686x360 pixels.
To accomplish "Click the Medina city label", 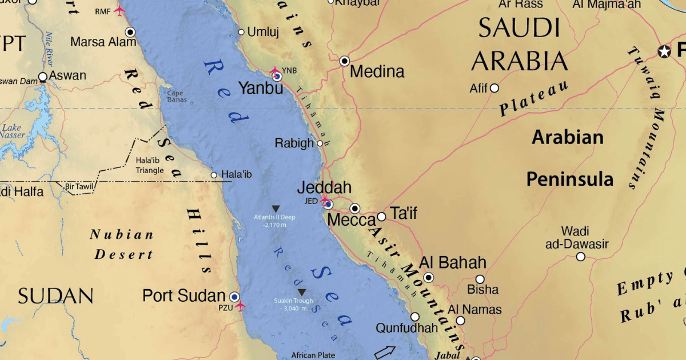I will coord(377,71).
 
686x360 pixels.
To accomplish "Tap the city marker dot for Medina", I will coord(345,61).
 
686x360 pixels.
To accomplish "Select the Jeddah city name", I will coord(324,187).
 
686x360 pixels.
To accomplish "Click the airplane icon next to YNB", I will coord(275,72).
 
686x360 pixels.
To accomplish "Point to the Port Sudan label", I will coord(184,295).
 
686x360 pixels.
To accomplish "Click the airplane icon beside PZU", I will coord(240,306).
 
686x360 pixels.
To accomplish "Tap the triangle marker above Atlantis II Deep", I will coord(276,209).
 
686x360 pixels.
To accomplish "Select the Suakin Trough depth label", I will coord(293,305).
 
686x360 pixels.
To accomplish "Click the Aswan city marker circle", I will coord(43,77).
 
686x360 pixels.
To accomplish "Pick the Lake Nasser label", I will coord(13,131).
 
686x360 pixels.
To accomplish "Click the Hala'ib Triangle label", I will coord(150,165).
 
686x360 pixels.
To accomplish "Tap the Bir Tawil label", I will coord(79,186).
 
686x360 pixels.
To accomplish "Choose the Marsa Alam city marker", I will coord(130,32).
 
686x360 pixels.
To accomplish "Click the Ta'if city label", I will coord(404,214).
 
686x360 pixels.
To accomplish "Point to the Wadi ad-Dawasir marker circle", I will coord(580,257).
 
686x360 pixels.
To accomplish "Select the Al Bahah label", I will coord(453,263).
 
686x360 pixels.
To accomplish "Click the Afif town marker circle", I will coord(494,88).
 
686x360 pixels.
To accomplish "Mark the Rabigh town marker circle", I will coord(320,143).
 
